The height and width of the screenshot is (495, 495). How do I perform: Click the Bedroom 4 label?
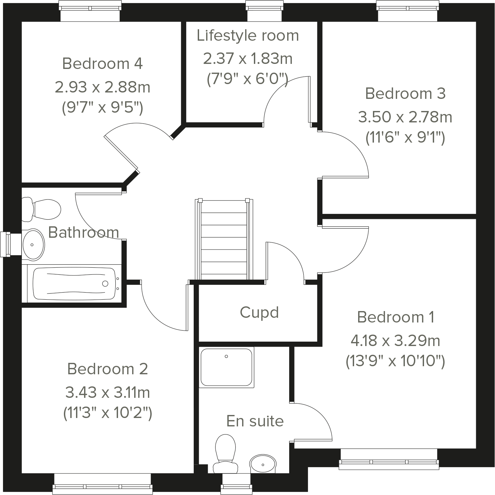pos(103,64)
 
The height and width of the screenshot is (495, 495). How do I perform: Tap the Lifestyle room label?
pos(248,35)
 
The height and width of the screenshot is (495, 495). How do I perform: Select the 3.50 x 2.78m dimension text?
pos(405,117)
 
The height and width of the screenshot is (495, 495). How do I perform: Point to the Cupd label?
pos(259,312)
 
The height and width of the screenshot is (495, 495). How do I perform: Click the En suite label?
pos(255,421)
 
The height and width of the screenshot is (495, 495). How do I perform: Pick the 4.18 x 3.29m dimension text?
pos(395,341)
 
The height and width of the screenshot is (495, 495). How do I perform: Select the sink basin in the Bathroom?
pos(33,244)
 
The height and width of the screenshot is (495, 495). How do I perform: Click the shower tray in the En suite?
pos(226,367)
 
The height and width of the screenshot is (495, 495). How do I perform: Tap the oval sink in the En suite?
pos(263,464)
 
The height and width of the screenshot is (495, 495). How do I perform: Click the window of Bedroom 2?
pos(103,484)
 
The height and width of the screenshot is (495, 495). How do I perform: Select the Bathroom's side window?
pos(6,244)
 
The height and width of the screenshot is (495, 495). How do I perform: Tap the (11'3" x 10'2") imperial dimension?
pos(108,413)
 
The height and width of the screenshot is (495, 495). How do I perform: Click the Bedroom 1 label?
pos(395,317)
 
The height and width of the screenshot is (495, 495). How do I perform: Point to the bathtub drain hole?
pos(105,283)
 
